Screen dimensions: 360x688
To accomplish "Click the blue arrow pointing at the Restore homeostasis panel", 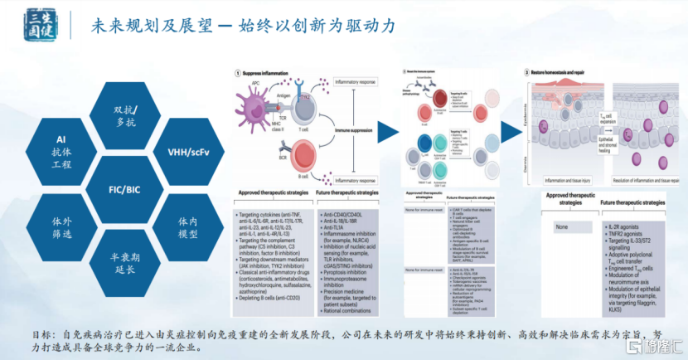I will tap(506, 131).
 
